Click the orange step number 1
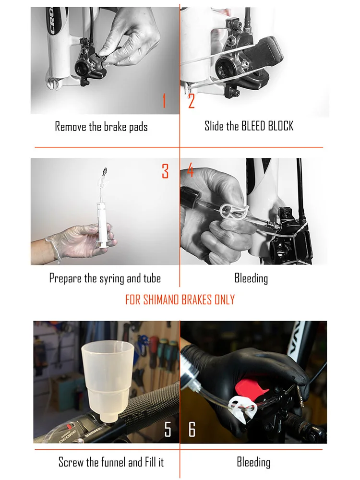[x=164, y=101]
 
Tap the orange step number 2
[x=192, y=101]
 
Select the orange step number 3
[x=165, y=171]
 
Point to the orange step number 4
[x=191, y=170]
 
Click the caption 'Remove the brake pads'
[x=101, y=127]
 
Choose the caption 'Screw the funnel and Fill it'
[x=111, y=462]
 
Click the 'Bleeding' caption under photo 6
[x=253, y=462]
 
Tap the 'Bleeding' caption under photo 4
[x=251, y=278]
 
